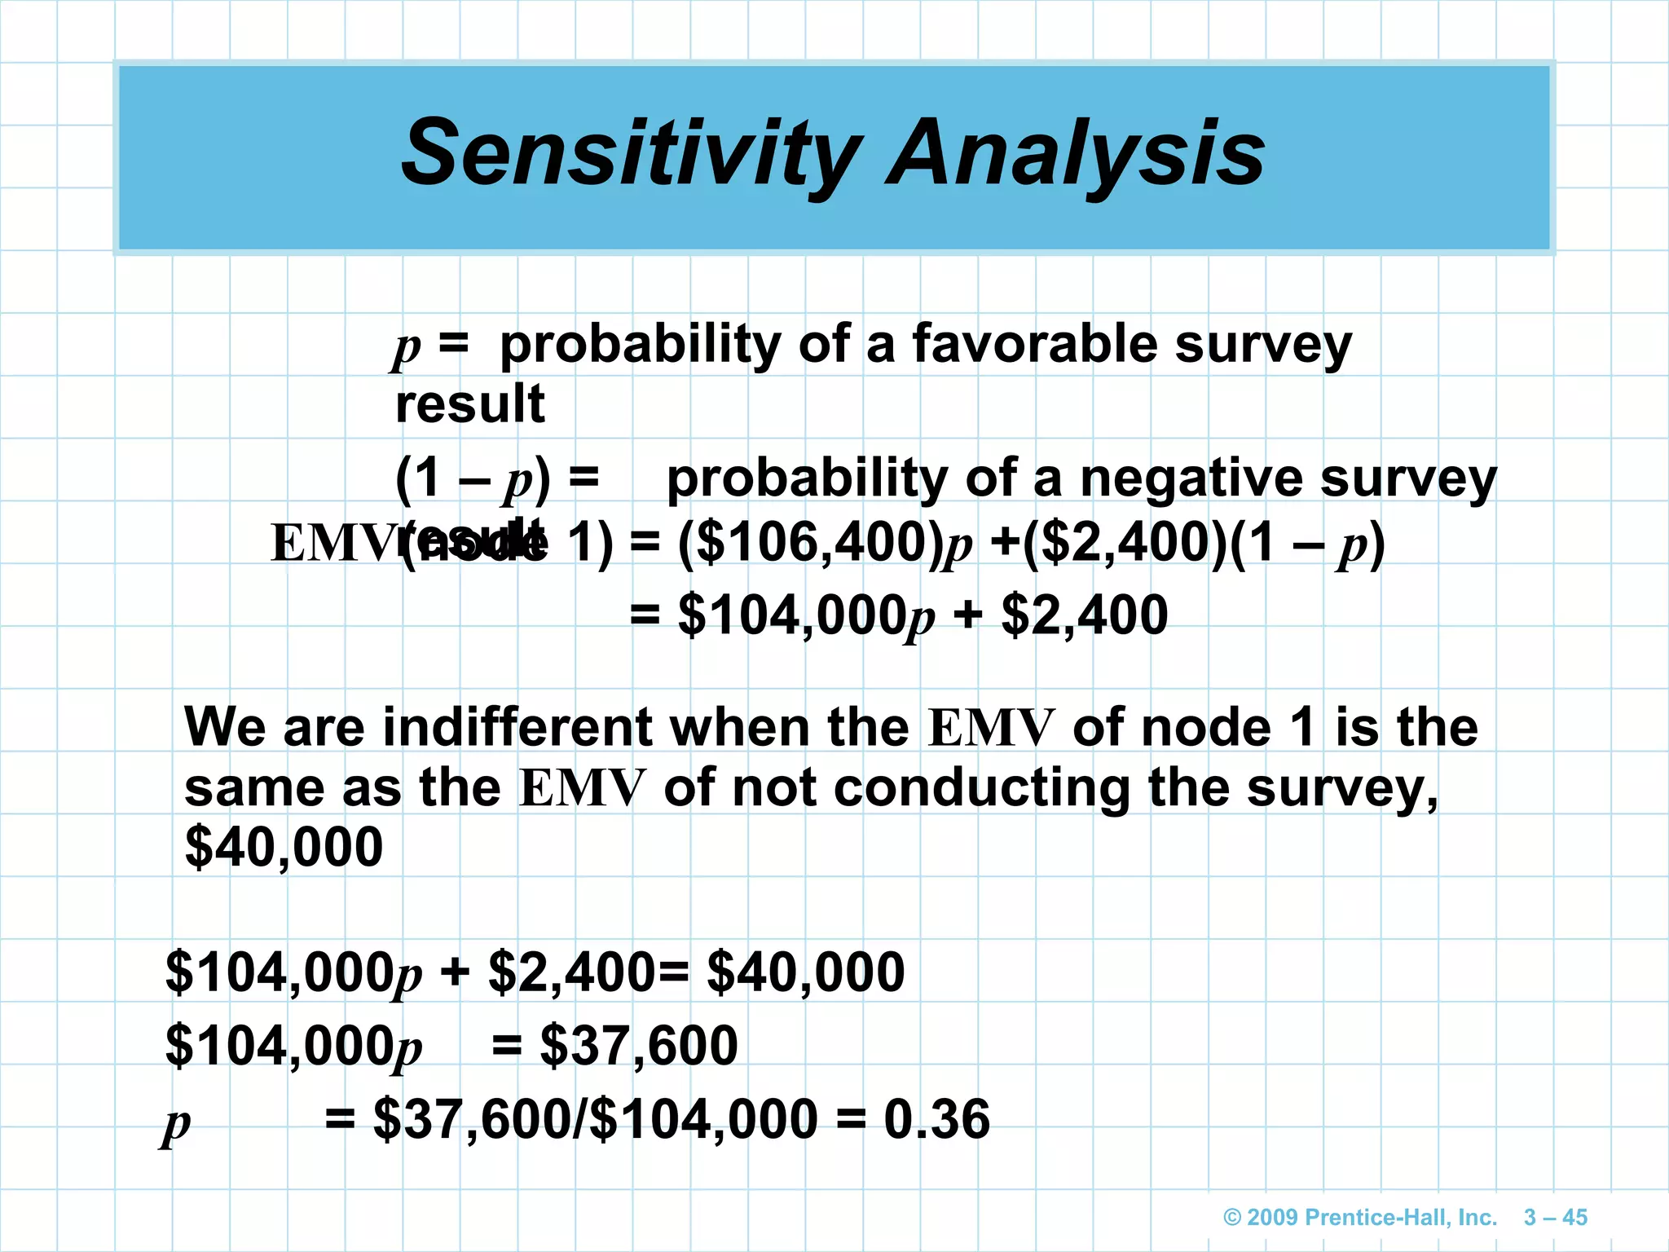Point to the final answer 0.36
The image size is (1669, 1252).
coord(936,1119)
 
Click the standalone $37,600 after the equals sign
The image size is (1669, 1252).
coord(639,1046)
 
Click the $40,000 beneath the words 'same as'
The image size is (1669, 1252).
coord(284,847)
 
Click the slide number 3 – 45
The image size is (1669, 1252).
coord(1555,1218)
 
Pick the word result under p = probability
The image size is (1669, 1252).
coord(469,404)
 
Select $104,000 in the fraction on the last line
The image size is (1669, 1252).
coord(702,1119)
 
